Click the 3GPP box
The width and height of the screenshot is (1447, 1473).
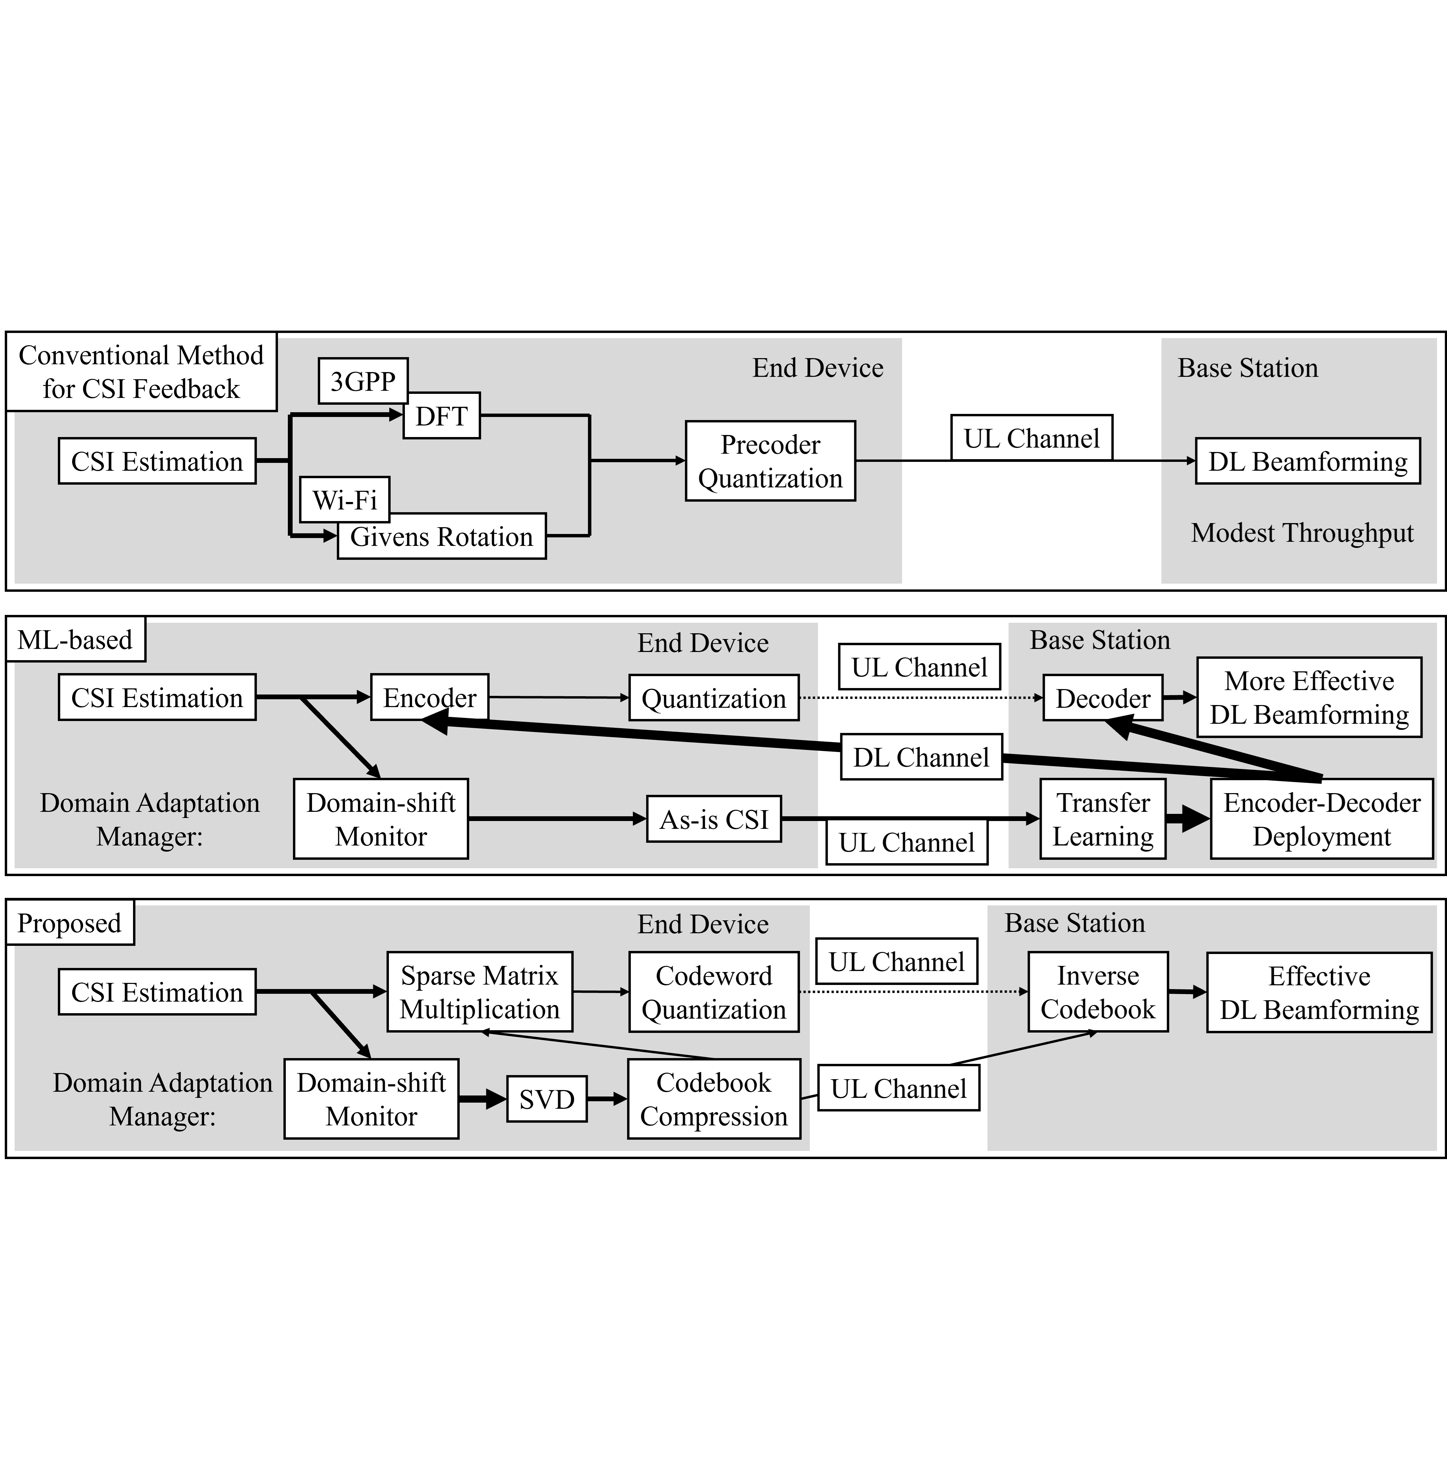[362, 381]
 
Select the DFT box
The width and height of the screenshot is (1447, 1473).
[442, 416]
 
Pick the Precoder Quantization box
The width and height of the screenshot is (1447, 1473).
[770, 461]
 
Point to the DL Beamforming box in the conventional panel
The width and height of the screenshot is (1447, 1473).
[1307, 461]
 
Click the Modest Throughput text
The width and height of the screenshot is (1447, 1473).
[1302, 533]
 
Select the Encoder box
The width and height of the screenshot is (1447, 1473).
[429, 697]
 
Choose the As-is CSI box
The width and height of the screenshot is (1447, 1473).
[713, 819]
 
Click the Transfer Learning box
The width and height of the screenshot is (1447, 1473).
[1103, 819]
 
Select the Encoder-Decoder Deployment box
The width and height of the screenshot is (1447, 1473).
[1321, 819]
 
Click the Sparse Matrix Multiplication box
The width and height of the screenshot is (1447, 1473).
[479, 992]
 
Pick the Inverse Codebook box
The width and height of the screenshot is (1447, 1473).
[1097, 992]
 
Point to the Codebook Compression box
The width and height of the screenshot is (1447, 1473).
[713, 1099]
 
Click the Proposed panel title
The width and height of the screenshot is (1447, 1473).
[69, 923]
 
